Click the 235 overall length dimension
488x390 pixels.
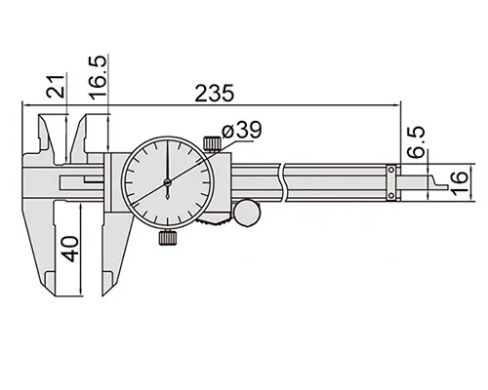(x=214, y=94)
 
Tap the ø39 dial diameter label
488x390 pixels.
(x=241, y=131)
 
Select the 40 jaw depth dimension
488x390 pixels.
(x=70, y=249)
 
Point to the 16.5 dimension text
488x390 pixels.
(x=98, y=77)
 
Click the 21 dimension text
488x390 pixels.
(x=56, y=86)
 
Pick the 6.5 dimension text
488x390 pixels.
(x=417, y=142)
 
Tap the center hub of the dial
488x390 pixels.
(x=168, y=183)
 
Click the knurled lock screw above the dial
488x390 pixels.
(x=213, y=144)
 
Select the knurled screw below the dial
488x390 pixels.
(x=168, y=238)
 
